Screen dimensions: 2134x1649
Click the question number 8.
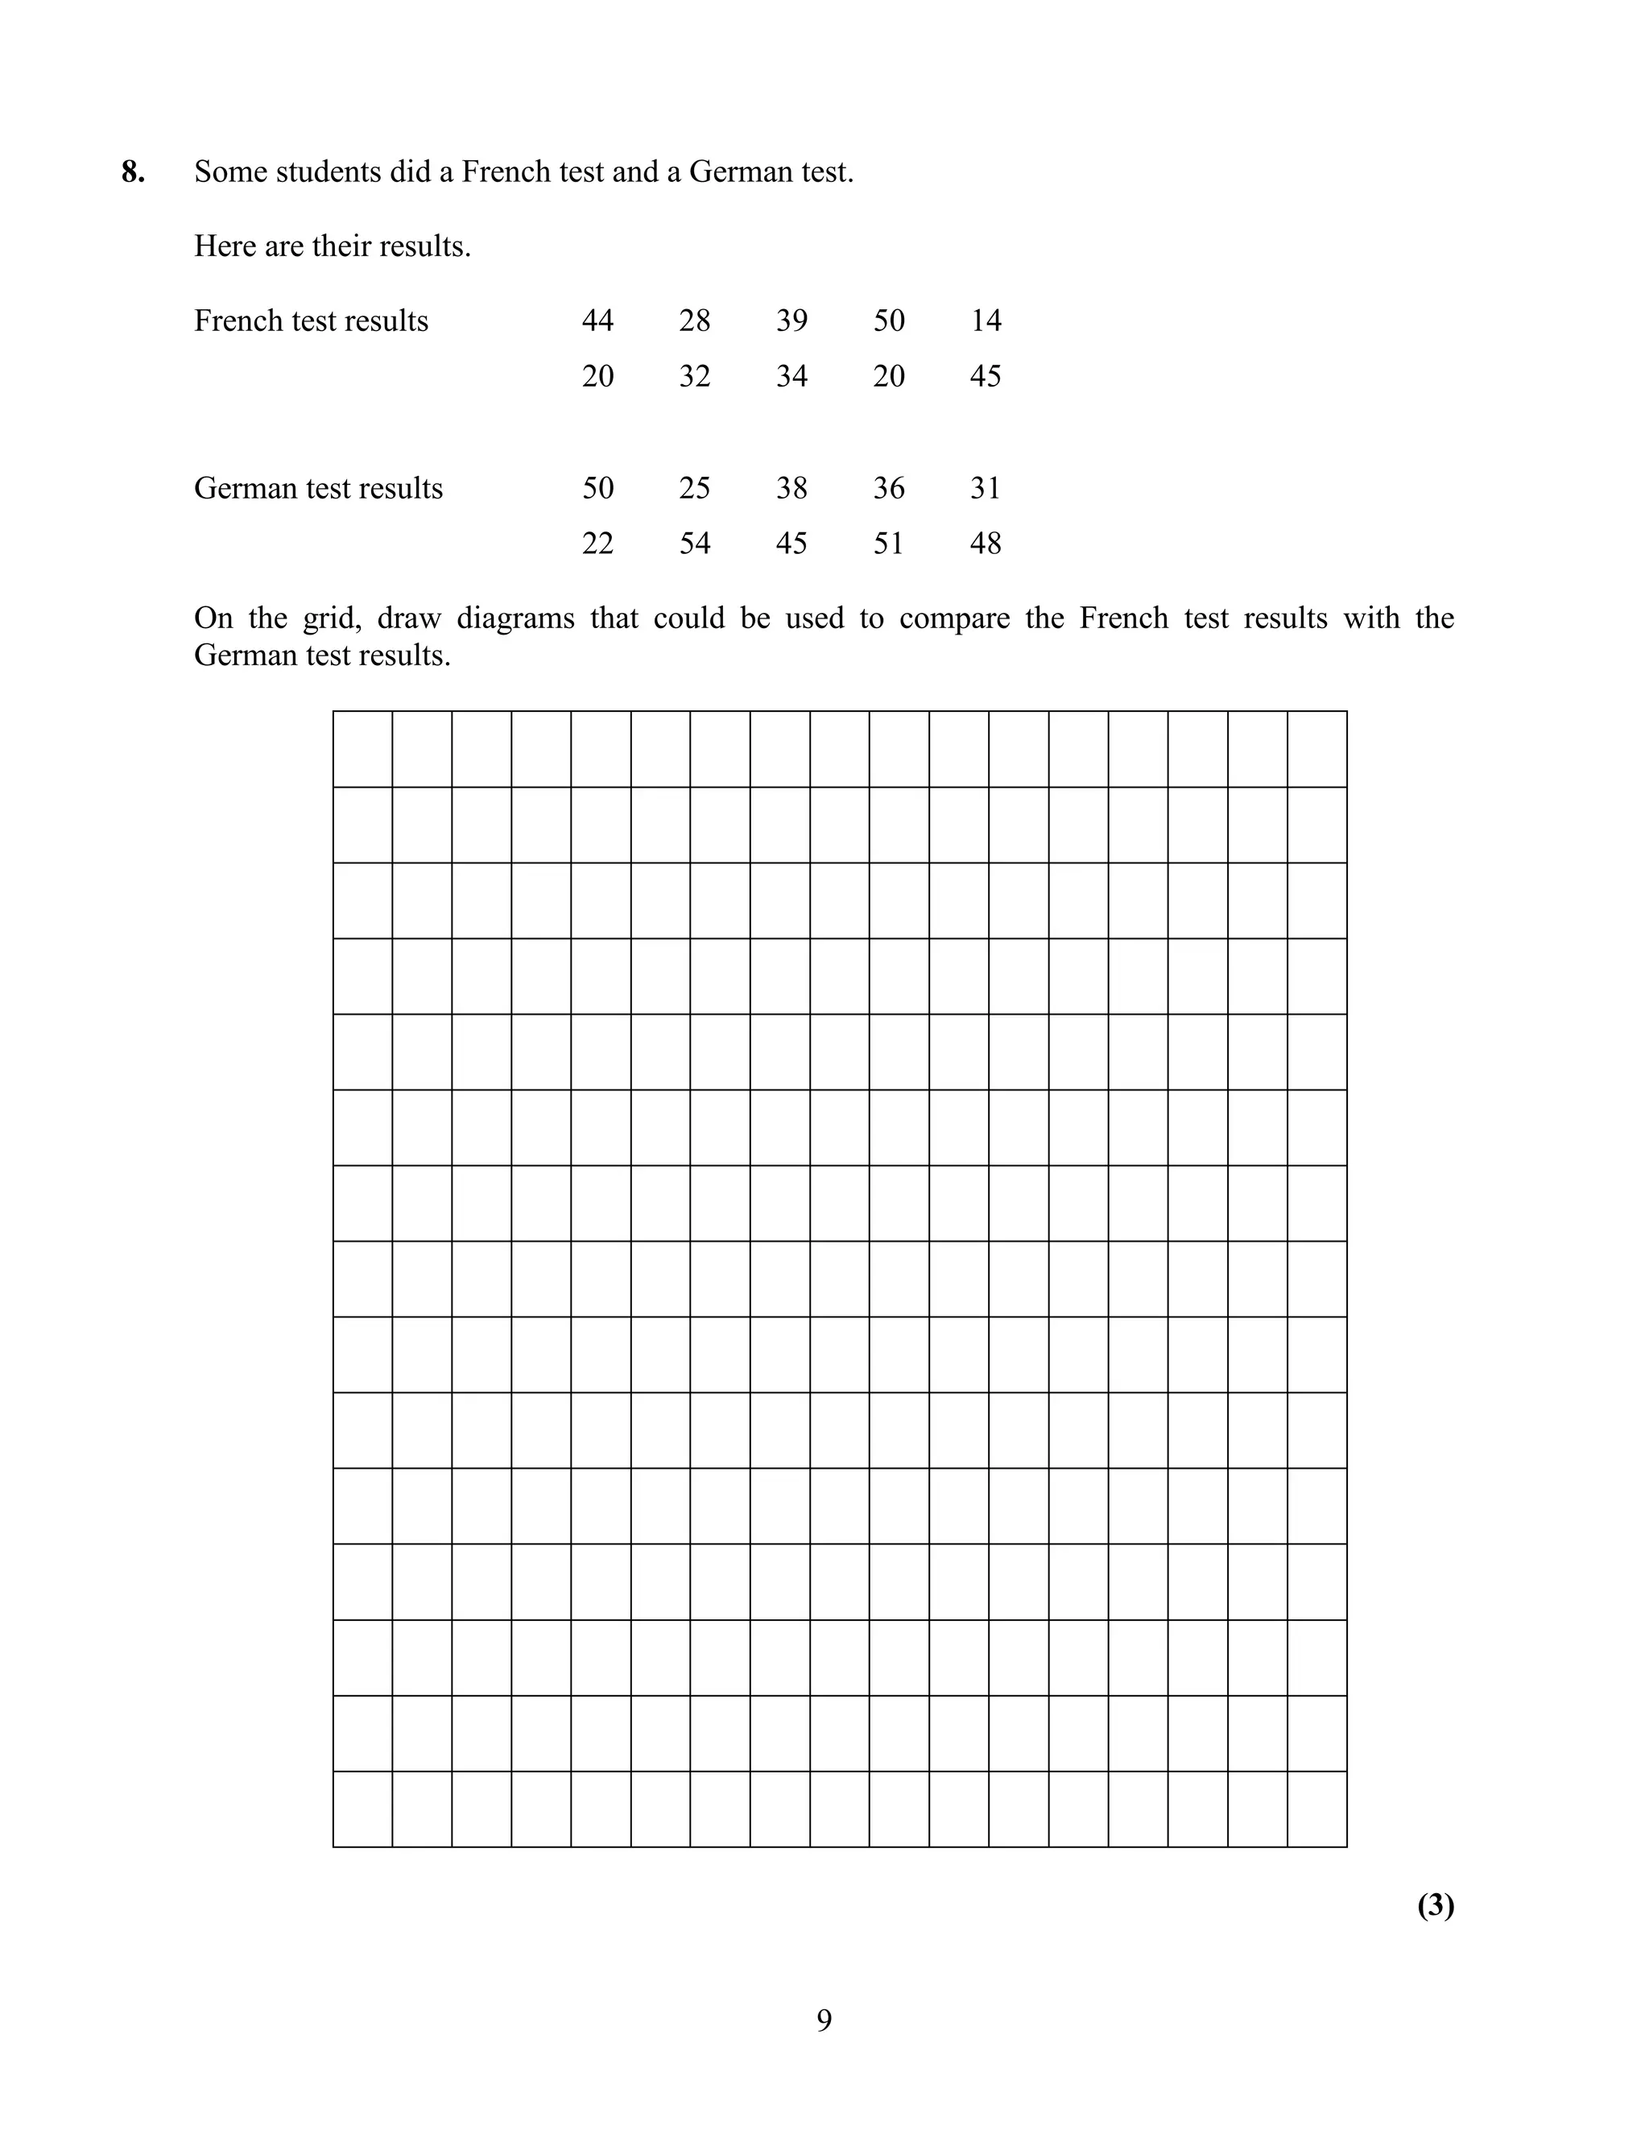(133, 172)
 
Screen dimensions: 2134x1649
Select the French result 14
(986, 321)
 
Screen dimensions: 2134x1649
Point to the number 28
(695, 321)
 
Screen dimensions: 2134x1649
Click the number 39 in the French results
(791, 321)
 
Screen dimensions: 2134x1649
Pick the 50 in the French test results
(889, 321)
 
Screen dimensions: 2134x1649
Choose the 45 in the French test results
(986, 376)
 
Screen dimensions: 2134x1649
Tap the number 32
(695, 376)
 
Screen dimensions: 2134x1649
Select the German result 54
(695, 544)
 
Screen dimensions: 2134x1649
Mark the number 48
(986, 544)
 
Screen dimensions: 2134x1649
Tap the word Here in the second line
(225, 246)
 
